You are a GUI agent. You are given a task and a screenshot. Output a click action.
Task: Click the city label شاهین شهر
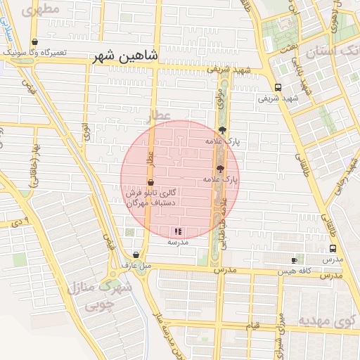coord(125,58)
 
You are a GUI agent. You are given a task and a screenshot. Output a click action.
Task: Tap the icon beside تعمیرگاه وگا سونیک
coord(35,42)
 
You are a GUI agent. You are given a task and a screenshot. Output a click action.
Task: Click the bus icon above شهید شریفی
coord(278,88)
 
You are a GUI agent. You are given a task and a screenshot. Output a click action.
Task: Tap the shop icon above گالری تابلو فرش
coord(151,182)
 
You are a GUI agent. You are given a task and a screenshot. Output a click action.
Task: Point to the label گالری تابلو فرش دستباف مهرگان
coord(155,198)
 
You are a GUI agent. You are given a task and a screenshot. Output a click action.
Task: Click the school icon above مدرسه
coord(178,231)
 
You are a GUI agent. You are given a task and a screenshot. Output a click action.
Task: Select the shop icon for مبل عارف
coord(136,255)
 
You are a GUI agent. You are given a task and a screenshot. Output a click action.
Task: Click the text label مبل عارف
coord(136,266)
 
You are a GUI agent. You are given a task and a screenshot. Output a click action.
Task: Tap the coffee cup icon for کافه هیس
coord(294,260)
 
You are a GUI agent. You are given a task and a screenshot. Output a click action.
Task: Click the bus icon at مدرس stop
coord(333,248)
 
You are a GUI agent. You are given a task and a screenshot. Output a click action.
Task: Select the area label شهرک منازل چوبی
coord(99,296)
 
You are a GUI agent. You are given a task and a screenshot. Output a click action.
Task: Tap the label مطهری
coord(39,11)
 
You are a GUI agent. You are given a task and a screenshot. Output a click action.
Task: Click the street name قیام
coord(253,326)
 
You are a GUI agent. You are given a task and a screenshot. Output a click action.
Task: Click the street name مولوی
coord(219,98)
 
